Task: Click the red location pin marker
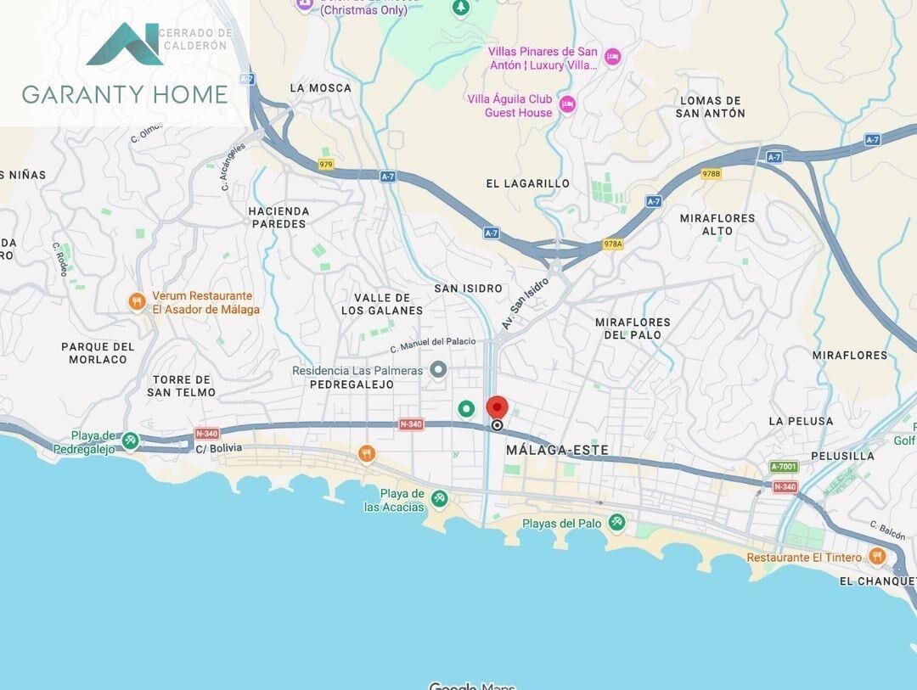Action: tap(497, 407)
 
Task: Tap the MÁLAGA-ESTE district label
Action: tap(557, 450)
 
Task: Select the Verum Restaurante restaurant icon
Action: tap(137, 302)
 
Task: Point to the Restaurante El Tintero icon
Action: tap(877, 557)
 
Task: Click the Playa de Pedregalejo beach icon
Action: tap(130, 440)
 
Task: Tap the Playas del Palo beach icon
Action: tap(617, 523)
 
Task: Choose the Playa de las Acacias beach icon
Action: tap(439, 499)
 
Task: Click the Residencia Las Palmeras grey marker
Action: tap(438, 369)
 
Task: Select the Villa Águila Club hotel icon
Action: tap(567, 104)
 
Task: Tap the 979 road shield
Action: tap(326, 164)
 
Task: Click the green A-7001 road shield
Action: tap(785, 467)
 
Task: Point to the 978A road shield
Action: tap(612, 244)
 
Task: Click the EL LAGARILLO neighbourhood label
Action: tap(527, 183)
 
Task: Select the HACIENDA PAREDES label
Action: tap(278, 217)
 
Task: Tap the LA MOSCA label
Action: tap(320, 87)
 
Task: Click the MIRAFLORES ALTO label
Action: tap(717, 224)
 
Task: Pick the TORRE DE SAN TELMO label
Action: tap(181, 385)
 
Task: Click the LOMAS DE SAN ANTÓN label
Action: tap(712, 107)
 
